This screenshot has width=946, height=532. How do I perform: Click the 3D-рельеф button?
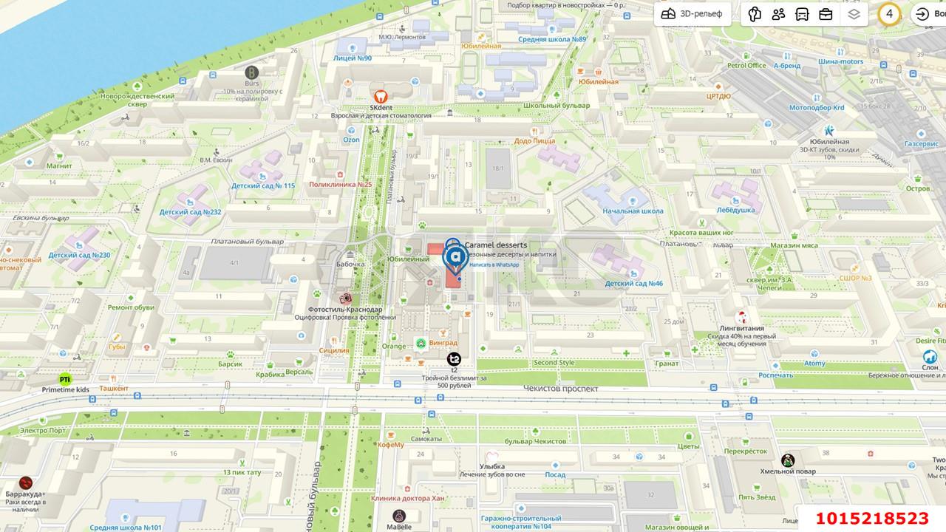[x=692, y=14]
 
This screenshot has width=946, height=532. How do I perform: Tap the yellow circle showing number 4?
[x=889, y=13]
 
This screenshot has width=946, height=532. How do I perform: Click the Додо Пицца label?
[x=534, y=140]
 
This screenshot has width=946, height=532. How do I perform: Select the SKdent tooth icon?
[x=380, y=96]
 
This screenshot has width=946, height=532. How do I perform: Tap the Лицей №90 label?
[x=353, y=58]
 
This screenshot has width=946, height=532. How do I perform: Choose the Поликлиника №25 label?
[x=341, y=185]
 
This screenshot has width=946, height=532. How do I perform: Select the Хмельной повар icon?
[x=788, y=460]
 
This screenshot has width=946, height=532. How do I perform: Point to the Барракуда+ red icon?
[x=26, y=482]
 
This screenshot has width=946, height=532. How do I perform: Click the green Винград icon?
[x=421, y=343]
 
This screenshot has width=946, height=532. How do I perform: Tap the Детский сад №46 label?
[x=633, y=284]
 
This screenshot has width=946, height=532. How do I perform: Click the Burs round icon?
[x=251, y=72]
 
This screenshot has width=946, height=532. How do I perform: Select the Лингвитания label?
[x=741, y=328]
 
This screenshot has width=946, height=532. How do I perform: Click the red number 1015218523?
[x=871, y=519]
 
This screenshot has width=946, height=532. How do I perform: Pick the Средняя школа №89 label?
[x=552, y=40]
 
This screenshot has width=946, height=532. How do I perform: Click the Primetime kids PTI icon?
[x=65, y=379]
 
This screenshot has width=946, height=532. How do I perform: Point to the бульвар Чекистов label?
[x=536, y=441]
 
